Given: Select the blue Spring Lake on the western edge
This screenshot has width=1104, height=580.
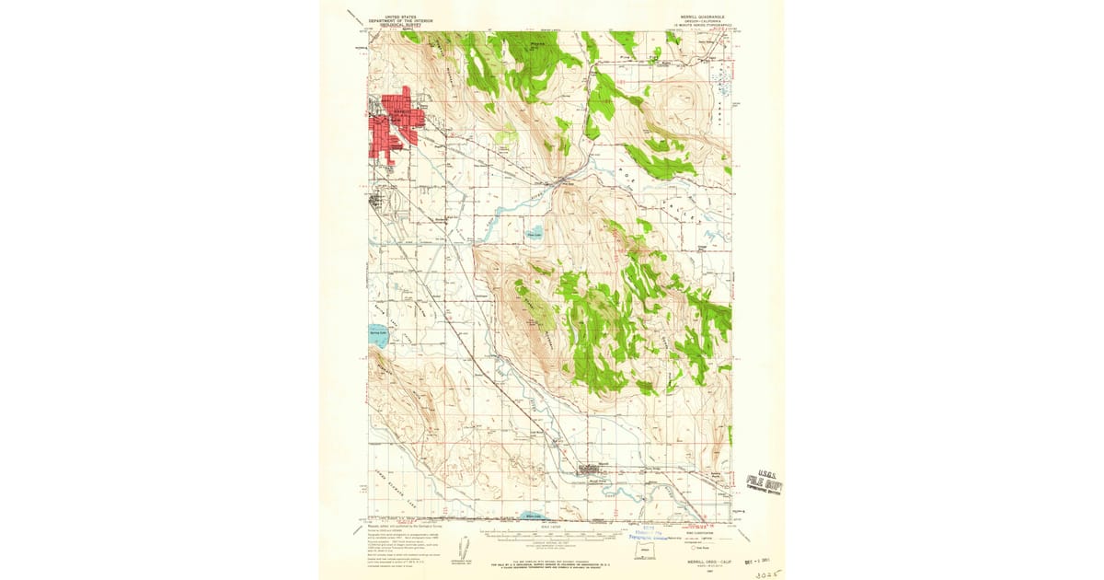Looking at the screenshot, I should pos(378,336).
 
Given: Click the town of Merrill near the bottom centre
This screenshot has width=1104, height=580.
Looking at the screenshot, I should pos(590,470).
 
